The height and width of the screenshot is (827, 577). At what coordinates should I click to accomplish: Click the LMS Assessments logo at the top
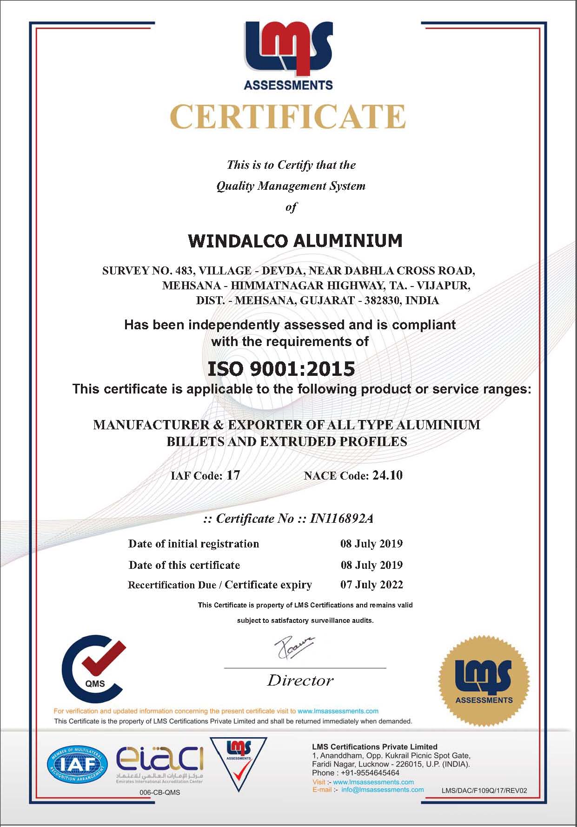coord(288,55)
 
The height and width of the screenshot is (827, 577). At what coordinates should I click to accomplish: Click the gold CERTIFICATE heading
coord(288,117)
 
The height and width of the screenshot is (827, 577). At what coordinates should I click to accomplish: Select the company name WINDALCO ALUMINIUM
coord(295,241)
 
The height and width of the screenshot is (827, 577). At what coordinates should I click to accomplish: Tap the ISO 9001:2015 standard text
coord(281,369)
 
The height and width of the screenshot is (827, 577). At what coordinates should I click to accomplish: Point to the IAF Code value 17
coord(233,475)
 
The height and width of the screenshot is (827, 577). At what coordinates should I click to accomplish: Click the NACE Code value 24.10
coord(387,475)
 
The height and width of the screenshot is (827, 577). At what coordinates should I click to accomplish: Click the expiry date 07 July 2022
coord(371,585)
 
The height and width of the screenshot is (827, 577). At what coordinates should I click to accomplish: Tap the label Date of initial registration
coord(193,544)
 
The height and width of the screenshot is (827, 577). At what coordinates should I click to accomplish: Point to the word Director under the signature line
coord(300,680)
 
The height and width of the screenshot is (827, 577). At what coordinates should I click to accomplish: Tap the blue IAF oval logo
coord(77,764)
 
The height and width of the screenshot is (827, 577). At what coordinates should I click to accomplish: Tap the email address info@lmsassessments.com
coord(382,789)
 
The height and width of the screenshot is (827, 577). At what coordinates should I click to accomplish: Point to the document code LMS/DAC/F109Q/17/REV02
coord(484,790)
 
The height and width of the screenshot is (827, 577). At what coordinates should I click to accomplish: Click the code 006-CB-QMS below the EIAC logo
coord(159,792)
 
